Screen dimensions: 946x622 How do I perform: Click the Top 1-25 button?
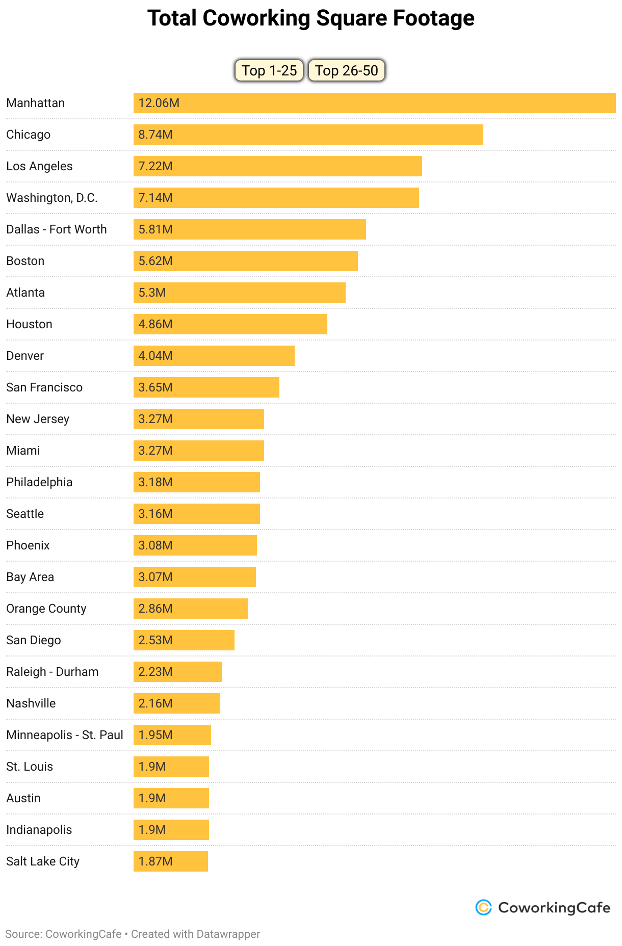[x=269, y=70]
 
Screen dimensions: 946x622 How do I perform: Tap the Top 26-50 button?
[x=346, y=70]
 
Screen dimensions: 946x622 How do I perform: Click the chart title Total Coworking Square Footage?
[x=311, y=18]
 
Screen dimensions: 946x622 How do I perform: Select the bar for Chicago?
[x=308, y=135]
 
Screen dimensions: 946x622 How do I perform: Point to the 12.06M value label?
[x=159, y=103]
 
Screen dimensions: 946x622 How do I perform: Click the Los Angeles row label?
[x=39, y=166]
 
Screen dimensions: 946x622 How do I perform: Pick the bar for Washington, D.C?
[x=276, y=198]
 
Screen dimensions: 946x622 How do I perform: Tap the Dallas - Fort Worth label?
[x=57, y=229]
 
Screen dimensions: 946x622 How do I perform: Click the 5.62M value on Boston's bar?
[x=155, y=261]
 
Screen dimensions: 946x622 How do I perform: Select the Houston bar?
[x=230, y=324]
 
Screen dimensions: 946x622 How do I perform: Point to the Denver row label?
[x=25, y=356]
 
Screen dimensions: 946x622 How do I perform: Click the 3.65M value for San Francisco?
[x=155, y=387]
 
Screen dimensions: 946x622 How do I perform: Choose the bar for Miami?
[x=198, y=451]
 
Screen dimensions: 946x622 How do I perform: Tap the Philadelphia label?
[x=39, y=482]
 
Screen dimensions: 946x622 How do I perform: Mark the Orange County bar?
[x=190, y=609]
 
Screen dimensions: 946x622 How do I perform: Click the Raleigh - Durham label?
[x=53, y=672]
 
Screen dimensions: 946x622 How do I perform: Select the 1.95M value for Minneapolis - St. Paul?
[x=155, y=735]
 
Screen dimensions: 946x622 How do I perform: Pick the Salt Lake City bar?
[x=170, y=861]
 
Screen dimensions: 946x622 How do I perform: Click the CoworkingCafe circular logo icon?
[x=483, y=907]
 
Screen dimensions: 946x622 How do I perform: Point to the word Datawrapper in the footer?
[x=228, y=934]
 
